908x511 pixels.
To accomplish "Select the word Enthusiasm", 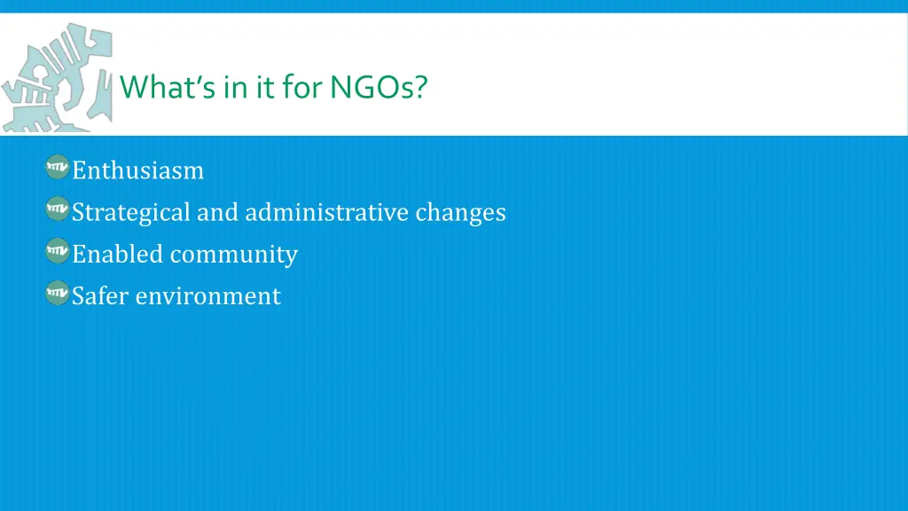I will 137,170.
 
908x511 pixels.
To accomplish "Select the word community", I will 234,255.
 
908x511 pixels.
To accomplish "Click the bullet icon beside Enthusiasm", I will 58,167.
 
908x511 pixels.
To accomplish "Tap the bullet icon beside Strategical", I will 58,209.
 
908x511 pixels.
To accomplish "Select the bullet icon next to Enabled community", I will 58,251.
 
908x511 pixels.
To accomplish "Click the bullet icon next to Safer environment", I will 58,293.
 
